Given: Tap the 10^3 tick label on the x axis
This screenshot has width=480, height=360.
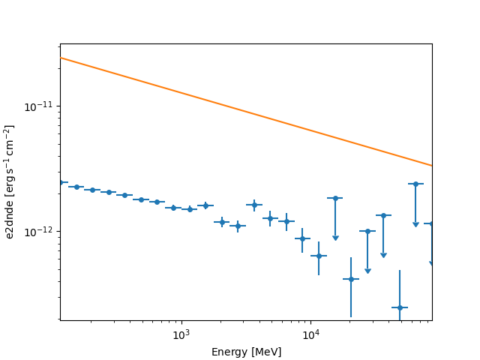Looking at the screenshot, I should point(181,335).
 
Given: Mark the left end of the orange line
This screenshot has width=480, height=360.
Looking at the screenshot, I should point(61,57).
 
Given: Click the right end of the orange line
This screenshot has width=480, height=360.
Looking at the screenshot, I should point(432,165).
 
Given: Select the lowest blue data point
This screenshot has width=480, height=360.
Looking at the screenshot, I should point(400,307).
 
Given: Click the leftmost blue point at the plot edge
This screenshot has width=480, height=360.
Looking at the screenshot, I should point(61,182).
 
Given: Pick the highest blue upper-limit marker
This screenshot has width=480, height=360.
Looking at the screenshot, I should point(415,184).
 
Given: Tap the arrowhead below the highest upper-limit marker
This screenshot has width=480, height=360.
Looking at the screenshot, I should point(415,224).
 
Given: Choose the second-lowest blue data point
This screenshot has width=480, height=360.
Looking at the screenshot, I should point(351,279).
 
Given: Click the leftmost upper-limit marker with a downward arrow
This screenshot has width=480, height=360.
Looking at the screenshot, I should point(335,198).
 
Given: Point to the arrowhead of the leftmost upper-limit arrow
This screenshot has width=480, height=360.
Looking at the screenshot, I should point(335,238).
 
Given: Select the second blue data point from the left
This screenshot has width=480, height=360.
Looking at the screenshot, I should point(76,187).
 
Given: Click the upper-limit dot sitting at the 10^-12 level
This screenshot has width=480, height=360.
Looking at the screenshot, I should point(367,231).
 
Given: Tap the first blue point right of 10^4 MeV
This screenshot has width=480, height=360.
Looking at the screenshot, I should point(319,256).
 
